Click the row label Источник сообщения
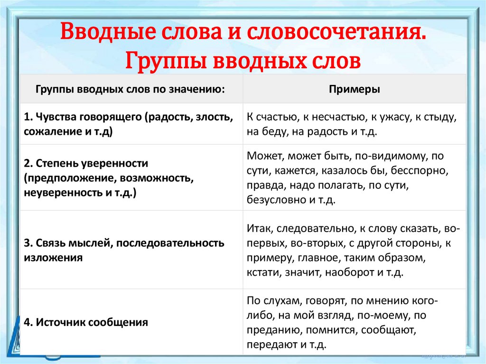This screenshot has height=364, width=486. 92,323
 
